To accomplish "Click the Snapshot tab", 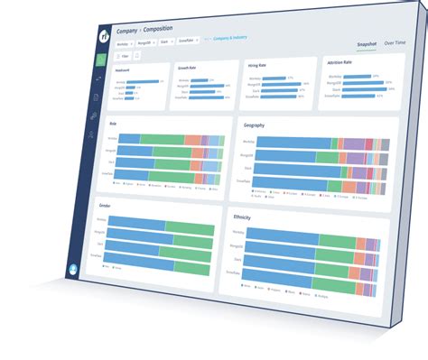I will tap(366, 43).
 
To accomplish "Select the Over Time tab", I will tap(395, 43).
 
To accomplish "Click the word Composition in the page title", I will tap(157, 31).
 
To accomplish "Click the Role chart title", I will tap(114, 124).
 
